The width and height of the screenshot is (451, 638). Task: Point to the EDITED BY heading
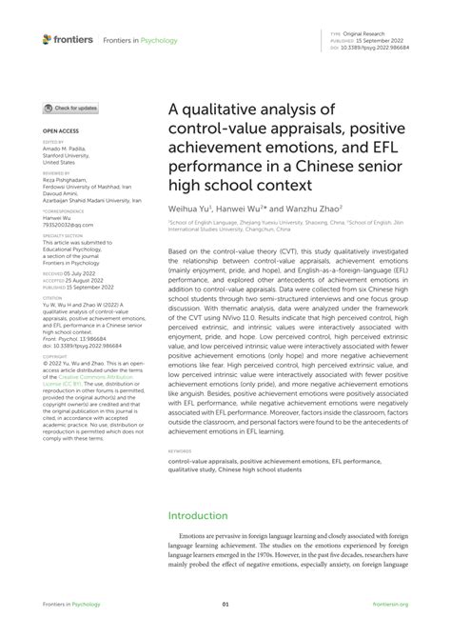click(51, 141)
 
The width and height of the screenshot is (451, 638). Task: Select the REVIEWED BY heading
click(54, 171)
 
